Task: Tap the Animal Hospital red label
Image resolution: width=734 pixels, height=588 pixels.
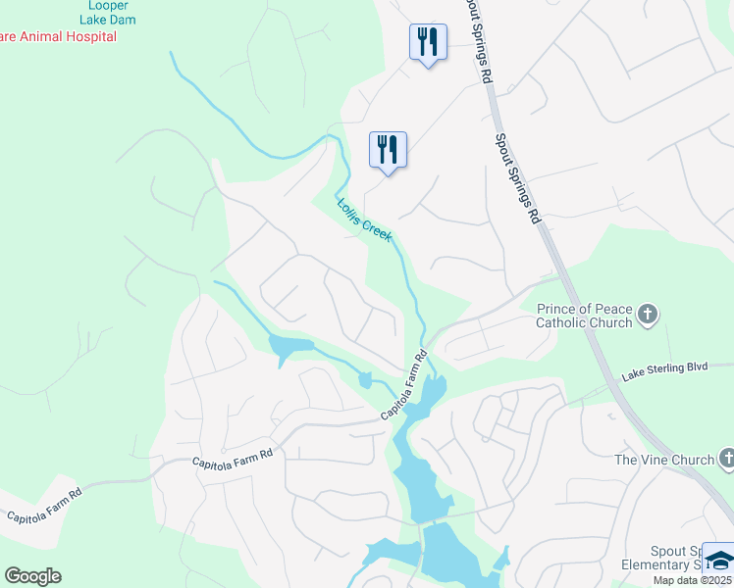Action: [59, 36]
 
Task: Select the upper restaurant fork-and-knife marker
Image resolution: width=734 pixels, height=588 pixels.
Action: [428, 42]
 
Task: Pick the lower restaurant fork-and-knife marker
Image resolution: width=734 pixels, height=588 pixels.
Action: [388, 150]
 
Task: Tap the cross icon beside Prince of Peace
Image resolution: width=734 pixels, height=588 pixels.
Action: [647, 315]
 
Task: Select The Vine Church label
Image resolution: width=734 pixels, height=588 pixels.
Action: [663, 460]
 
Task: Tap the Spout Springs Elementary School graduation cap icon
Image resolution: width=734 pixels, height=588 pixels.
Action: [719, 560]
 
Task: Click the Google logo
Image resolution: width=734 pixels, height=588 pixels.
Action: [32, 576]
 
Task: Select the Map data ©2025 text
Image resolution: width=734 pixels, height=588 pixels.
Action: [692, 580]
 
